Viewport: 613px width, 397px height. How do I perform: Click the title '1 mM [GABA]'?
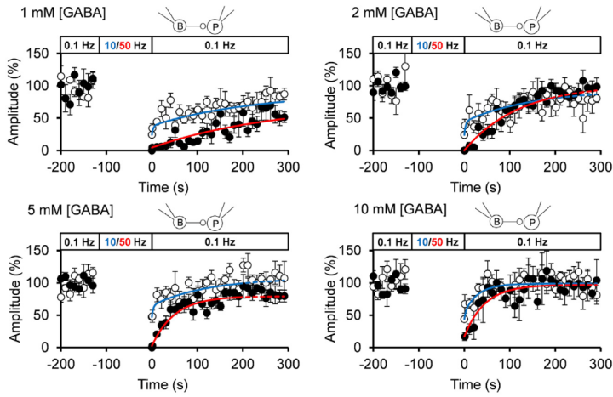click(43, 13)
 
